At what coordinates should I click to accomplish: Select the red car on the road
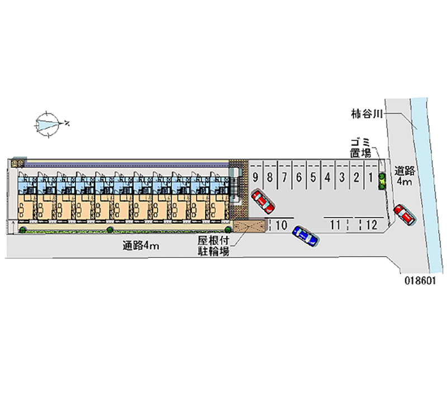pos(403,214)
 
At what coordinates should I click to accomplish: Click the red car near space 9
pos(262,201)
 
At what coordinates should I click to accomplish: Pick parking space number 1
pos(370,178)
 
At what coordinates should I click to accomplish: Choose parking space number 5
pos(313,178)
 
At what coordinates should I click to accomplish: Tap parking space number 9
pos(255,178)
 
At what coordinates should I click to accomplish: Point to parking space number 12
pos(371,225)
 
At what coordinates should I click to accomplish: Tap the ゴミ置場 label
pos(360,147)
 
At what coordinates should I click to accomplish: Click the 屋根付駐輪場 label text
pos(213,246)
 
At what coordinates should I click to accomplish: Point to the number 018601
pos(421,281)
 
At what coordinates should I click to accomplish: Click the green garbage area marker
pos(382,181)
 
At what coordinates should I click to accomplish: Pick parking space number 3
pos(342,178)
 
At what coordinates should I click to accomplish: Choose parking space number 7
pos(284,178)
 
